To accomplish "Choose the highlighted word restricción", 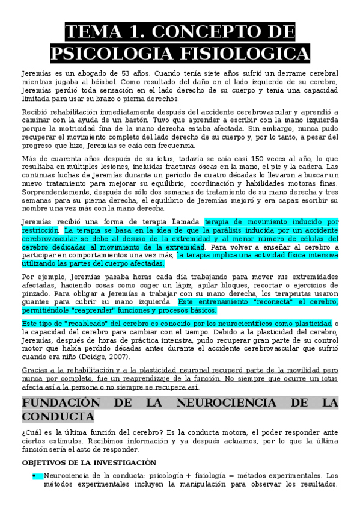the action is pos(40,230).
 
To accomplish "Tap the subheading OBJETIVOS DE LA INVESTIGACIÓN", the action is pos(89,462).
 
